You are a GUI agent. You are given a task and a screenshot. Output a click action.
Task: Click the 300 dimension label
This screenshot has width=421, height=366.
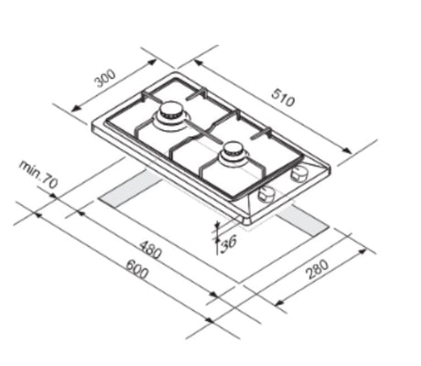click(105, 79)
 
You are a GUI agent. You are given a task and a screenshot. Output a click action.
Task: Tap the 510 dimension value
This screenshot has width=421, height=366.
click(283, 97)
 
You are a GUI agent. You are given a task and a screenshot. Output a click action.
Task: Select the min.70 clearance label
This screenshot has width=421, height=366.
click(38, 174)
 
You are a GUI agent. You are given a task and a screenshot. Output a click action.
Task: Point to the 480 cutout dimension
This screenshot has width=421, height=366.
click(150, 249)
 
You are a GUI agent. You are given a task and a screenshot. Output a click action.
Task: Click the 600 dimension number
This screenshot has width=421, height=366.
click(137, 269)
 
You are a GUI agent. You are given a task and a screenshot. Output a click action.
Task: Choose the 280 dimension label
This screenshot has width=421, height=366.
click(318, 269)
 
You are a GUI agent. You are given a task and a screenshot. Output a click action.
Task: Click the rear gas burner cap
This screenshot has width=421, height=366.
click(170, 110)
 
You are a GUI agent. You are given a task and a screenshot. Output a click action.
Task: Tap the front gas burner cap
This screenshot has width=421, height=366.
click(233, 149)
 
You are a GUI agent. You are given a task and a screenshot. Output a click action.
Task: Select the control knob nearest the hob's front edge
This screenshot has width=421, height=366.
click(266, 194)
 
